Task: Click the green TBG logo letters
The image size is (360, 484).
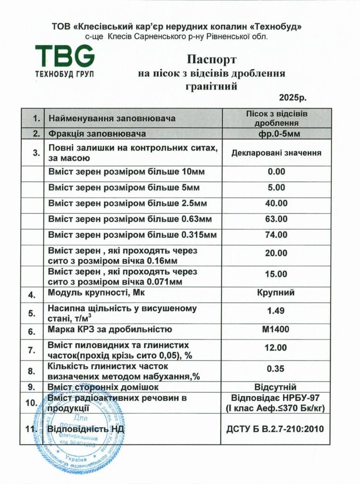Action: pos(65,56)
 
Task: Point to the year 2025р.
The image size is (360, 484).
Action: pos(292,98)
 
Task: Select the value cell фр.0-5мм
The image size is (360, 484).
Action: pos(276,133)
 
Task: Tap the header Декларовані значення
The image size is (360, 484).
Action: pos(276,153)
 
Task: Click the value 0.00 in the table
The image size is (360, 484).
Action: pos(276,172)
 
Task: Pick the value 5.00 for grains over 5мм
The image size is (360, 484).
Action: pos(276,188)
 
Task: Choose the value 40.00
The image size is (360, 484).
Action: pos(276,203)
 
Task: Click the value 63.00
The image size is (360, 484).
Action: pos(276,219)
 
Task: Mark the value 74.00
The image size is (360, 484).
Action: pos(276,234)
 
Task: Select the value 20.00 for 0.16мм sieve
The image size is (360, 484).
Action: pos(276,253)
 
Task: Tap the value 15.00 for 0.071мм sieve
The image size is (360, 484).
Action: pos(276,274)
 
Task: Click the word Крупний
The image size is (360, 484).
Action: pos(276,292)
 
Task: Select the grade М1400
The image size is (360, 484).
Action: pos(276,329)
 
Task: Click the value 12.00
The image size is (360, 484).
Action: pos(276,348)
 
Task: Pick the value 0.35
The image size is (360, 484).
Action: pos(276,369)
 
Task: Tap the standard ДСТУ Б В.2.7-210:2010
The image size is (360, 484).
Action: pos(276,429)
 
